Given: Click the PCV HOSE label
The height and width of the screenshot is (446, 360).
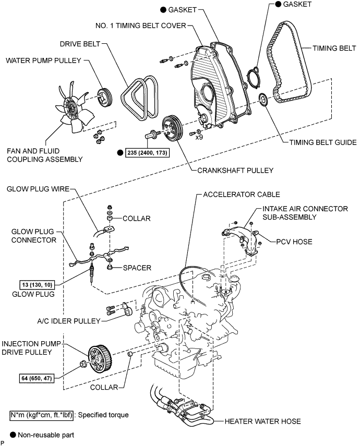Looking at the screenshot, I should (x=294, y=242).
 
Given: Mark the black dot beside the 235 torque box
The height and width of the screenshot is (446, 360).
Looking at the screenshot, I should (x=120, y=152).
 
